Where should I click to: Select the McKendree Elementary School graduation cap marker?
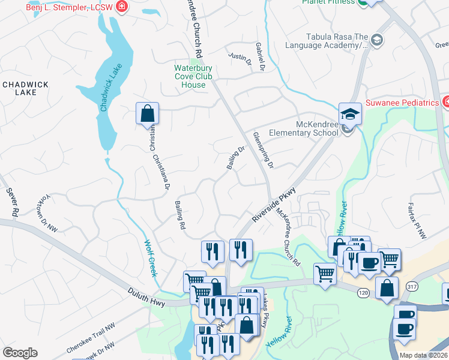[x=350, y=113]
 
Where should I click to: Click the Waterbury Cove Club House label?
[x=198, y=77]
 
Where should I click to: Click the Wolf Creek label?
[x=150, y=258]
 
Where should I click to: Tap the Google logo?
[x=20, y=353]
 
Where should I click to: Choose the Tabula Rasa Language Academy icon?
[x=377, y=40]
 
